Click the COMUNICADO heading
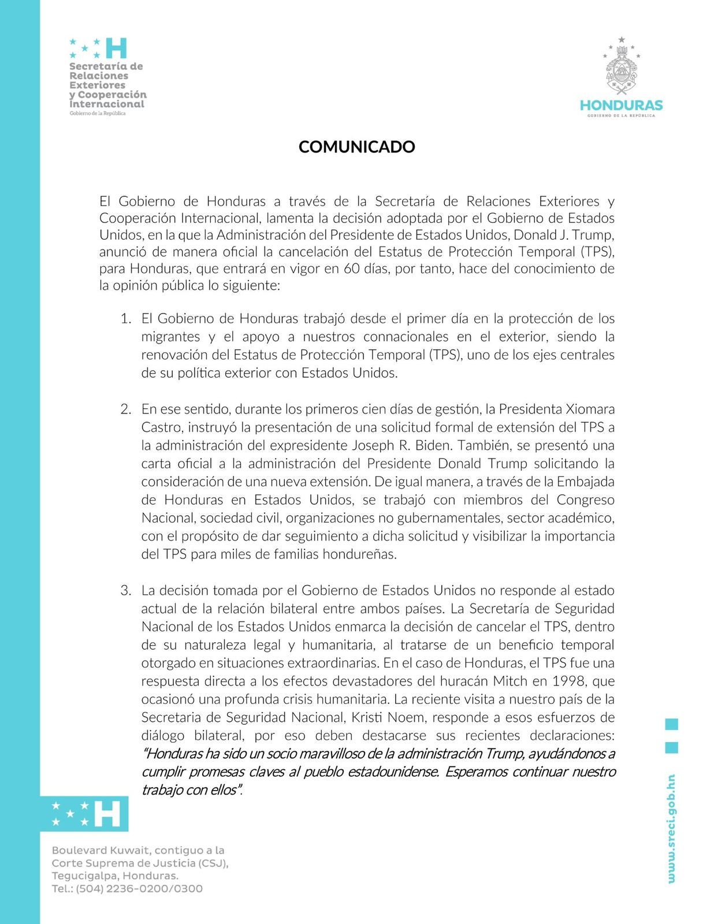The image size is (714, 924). pyautogui.click(x=356, y=147)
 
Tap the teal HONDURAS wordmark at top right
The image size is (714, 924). pyautogui.click(x=621, y=106)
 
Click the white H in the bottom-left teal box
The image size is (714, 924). pyautogui.click(x=107, y=813)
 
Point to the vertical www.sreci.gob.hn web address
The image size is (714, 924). pyautogui.click(x=671, y=829)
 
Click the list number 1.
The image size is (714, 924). pyautogui.click(x=125, y=319)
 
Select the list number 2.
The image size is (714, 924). pyautogui.click(x=125, y=409)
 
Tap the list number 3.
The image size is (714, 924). pyautogui.click(x=125, y=591)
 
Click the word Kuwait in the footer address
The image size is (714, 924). pyautogui.click(x=123, y=851)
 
